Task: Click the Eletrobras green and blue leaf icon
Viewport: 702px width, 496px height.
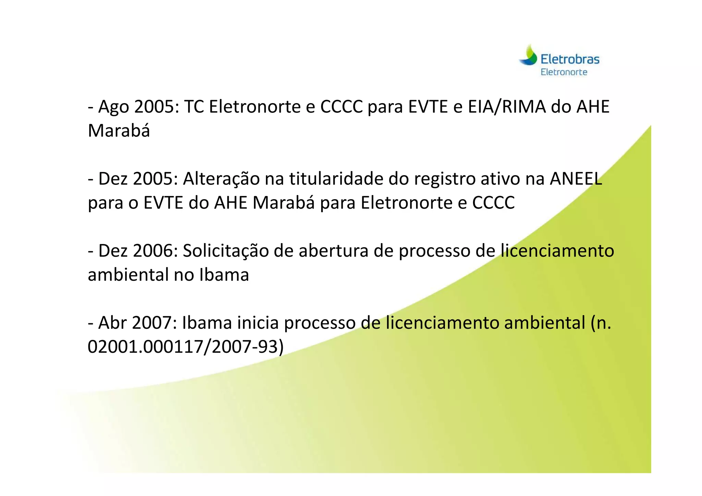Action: (x=528, y=56)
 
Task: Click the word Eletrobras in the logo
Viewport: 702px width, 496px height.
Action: (x=570, y=60)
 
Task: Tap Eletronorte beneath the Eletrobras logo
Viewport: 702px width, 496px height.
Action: (x=564, y=72)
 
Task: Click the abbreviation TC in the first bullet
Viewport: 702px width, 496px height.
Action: (x=194, y=107)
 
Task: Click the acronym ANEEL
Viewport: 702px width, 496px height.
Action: (x=576, y=179)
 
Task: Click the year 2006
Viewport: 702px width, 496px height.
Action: (x=155, y=251)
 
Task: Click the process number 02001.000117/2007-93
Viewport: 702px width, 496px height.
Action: (x=185, y=347)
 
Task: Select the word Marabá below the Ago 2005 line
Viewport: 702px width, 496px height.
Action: (x=119, y=131)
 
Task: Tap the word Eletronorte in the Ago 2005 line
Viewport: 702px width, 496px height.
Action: (x=255, y=107)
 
